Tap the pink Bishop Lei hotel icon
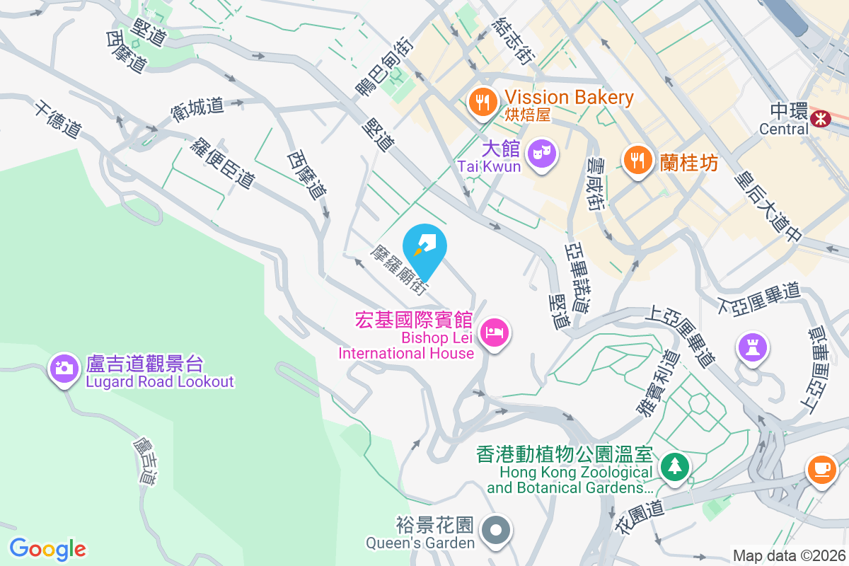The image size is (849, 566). (494, 332)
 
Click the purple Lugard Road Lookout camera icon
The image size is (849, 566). (64, 368)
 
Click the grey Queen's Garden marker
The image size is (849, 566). (496, 530)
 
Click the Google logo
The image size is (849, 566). (48, 548)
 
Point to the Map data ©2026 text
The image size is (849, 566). (788, 556)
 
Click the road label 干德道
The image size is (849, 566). (57, 119)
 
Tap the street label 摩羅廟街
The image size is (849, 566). (399, 270)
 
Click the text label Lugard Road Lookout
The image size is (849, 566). (160, 382)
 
